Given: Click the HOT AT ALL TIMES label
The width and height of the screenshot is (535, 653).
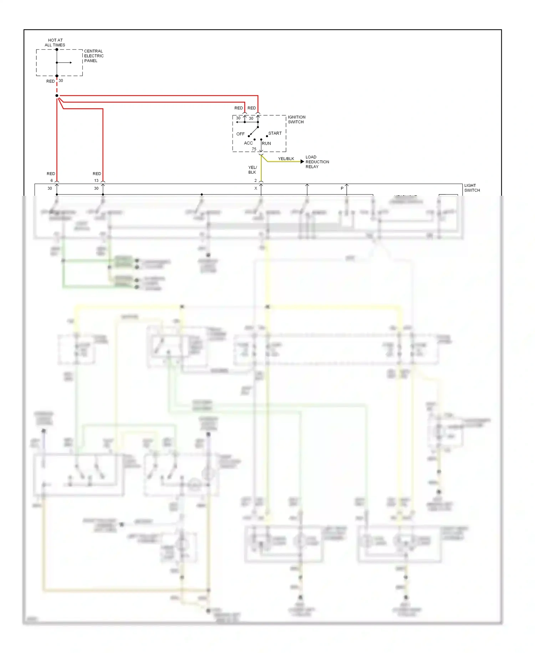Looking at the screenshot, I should [x=55, y=43].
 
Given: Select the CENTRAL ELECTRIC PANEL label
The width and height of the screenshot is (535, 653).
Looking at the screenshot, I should [x=94, y=56].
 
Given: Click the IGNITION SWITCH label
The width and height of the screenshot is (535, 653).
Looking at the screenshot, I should [x=296, y=119].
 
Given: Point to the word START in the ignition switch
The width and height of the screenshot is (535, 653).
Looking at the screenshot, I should [x=275, y=133].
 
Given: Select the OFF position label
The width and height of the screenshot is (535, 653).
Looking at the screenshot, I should [x=240, y=134].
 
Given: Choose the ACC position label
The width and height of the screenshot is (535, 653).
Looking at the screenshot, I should [x=248, y=143].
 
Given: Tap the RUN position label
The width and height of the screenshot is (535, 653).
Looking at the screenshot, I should [x=266, y=143].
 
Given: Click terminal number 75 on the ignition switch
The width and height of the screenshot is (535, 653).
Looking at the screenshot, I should [x=254, y=149].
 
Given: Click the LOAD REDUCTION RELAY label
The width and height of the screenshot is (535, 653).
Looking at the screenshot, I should [x=317, y=162].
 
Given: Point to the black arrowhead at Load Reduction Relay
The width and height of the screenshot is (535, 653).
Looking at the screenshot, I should [x=302, y=161].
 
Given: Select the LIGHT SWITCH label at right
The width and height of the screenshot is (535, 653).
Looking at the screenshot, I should [x=472, y=188].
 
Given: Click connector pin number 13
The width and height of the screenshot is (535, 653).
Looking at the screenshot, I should [x=96, y=180].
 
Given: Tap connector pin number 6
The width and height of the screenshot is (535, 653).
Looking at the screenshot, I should [x=52, y=180].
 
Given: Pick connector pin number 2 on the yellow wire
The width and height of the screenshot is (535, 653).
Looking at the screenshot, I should [x=255, y=180].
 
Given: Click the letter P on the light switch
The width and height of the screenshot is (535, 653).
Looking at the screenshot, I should [x=342, y=188].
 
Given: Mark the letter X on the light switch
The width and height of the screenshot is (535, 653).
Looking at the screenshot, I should [x=255, y=188].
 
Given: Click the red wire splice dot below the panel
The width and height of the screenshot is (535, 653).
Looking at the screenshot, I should [x=57, y=95].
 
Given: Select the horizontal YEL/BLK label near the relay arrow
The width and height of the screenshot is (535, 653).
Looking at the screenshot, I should [x=286, y=159].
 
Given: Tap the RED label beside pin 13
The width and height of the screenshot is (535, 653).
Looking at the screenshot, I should [x=97, y=174].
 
